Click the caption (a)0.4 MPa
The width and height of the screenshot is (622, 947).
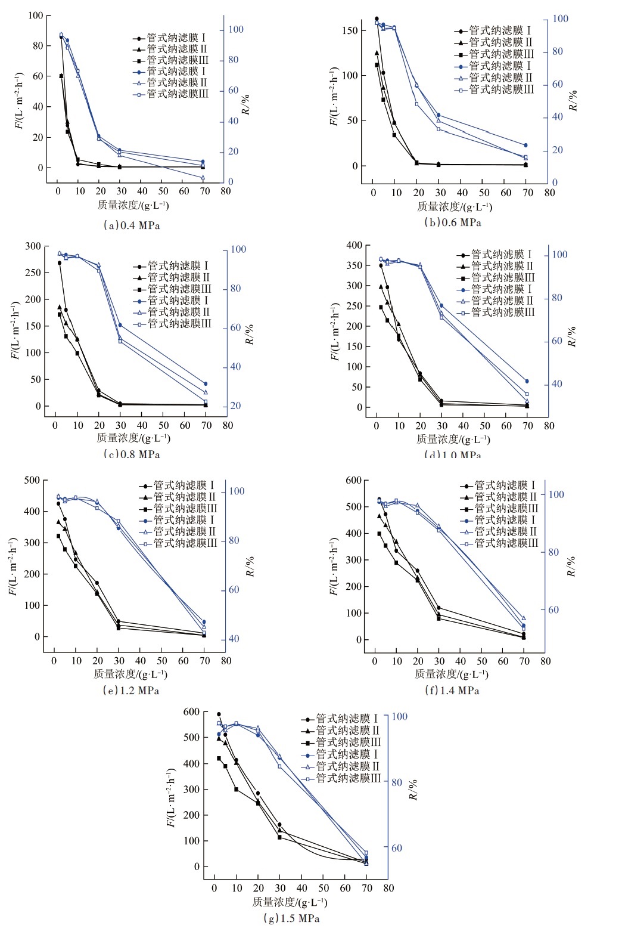point(132,225)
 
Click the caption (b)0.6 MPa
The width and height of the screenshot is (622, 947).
point(452,222)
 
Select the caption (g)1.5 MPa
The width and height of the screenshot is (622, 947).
point(291,918)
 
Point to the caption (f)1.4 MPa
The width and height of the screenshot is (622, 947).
point(452,691)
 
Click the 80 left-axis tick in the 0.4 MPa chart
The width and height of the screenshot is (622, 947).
point(38,46)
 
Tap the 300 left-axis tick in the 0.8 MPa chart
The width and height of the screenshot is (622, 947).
point(33,246)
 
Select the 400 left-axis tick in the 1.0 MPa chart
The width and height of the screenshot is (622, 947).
point(354,246)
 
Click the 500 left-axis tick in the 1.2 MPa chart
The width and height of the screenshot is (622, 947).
point(32,481)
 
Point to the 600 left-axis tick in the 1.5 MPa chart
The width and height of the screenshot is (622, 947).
point(192,712)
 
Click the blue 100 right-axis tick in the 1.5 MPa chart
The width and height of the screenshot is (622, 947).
point(400,717)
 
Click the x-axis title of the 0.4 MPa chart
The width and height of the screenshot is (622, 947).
point(133,206)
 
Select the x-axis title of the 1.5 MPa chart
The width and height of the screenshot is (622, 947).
point(290,902)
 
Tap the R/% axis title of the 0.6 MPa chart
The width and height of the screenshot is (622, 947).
point(573,100)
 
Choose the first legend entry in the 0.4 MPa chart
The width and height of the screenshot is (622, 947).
point(171,38)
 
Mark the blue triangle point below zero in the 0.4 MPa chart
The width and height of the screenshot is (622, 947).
point(203,178)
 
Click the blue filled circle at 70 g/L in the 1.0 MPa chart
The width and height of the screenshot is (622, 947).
point(527,382)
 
